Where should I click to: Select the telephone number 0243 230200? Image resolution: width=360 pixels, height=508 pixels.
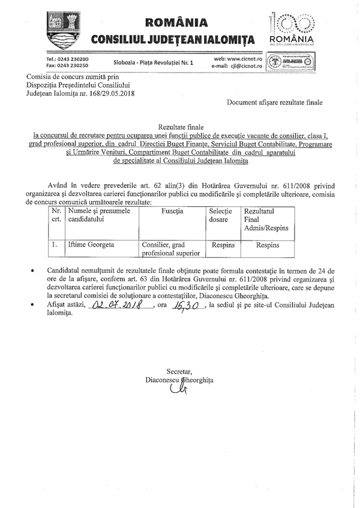72,59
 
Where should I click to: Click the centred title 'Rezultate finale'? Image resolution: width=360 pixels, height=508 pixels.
179,128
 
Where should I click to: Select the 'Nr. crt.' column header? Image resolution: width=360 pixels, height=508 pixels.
56,216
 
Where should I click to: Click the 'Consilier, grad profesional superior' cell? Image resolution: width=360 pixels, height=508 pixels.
171,249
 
